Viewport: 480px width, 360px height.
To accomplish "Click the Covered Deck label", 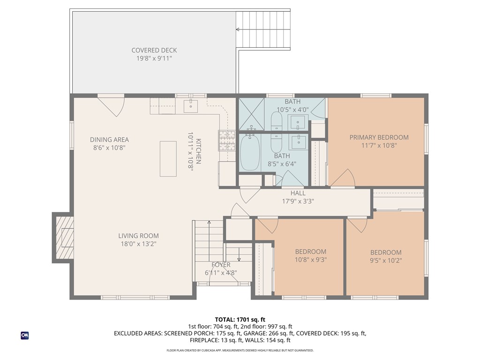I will point(154,50).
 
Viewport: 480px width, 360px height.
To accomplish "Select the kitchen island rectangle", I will point(168,158).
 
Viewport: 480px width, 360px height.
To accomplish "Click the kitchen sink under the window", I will point(191,105).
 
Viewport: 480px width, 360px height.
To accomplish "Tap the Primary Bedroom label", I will point(379,137).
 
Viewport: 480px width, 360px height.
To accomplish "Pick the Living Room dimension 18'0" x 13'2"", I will point(138,244).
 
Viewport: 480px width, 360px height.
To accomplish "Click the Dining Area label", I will point(109,140).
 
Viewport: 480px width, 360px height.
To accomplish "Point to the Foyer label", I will point(220,265).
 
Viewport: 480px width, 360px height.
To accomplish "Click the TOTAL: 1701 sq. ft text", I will point(240,320).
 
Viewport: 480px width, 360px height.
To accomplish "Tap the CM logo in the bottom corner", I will point(25,335).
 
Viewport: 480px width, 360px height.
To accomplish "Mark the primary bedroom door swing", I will point(343,178).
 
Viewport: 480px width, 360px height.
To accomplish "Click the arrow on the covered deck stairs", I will point(238,30).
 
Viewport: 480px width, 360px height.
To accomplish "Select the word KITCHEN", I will point(199,151).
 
